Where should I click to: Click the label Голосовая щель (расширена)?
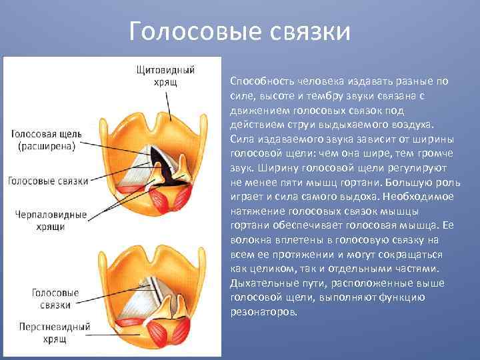click(x=46, y=140)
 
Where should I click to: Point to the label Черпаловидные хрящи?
click(x=51, y=221)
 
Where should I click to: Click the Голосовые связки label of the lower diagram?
click(x=55, y=299)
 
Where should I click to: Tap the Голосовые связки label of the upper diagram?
click(x=48, y=181)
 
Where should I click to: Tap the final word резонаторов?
click(x=263, y=312)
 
